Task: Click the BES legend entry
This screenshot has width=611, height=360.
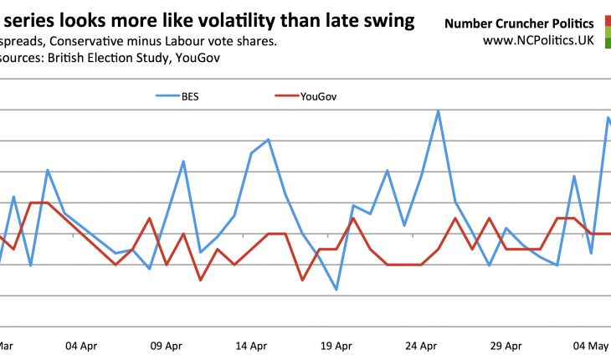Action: pyautogui.click(x=177, y=95)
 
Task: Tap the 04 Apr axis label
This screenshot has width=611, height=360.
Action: pyautogui.click(x=84, y=345)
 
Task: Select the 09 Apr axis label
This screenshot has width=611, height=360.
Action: pyautogui.click(x=167, y=345)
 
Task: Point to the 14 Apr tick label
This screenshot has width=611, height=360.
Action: pyautogui.click(x=252, y=345)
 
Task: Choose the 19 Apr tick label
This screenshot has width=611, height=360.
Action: pyautogui.click(x=336, y=345)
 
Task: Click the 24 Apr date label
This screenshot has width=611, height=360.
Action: pyautogui.click(x=421, y=345)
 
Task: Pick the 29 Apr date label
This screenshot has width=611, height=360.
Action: pyautogui.click(x=506, y=345)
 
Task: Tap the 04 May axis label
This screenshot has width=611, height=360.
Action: pyautogui.click(x=590, y=345)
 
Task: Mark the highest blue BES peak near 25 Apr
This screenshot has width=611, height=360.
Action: pyautogui.click(x=438, y=110)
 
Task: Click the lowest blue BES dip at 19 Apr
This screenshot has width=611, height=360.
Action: pyautogui.click(x=336, y=290)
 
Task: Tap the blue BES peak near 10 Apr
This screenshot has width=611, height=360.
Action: pyautogui.click(x=183, y=161)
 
